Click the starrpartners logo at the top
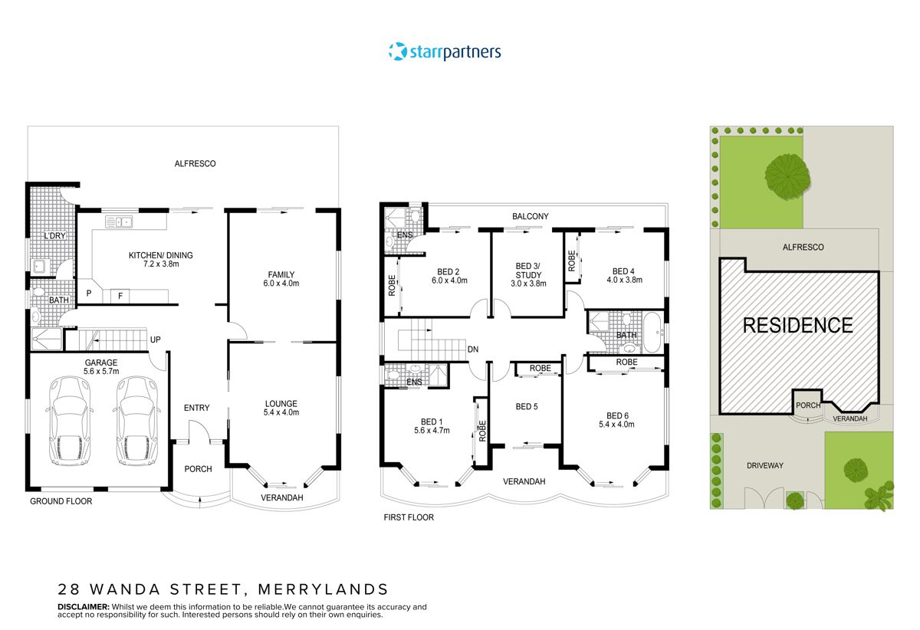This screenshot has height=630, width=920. (444, 52)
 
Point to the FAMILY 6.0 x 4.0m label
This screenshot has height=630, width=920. (281, 280)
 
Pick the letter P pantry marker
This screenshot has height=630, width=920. (89, 294)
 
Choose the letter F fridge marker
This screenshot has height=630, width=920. (120, 295)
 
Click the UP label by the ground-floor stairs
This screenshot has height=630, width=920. (155, 340)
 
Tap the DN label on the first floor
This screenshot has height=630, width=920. (473, 349)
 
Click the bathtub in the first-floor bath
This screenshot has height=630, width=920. (652, 333)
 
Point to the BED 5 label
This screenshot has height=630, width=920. (526, 407)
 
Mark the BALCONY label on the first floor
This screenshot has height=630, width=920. (531, 217)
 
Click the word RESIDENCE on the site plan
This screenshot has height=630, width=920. (797, 325)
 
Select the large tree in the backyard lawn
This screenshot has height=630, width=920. (787, 176)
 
